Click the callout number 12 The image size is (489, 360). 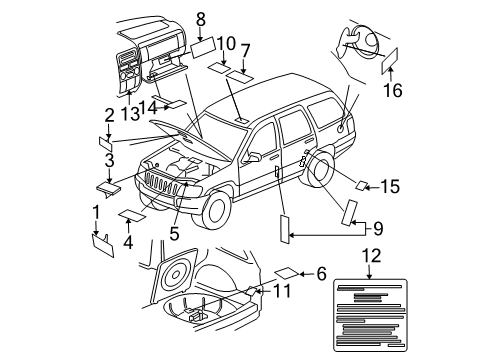(x=371, y=256)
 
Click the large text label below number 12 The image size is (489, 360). (x=371, y=311)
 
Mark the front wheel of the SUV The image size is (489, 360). (x=218, y=209)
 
